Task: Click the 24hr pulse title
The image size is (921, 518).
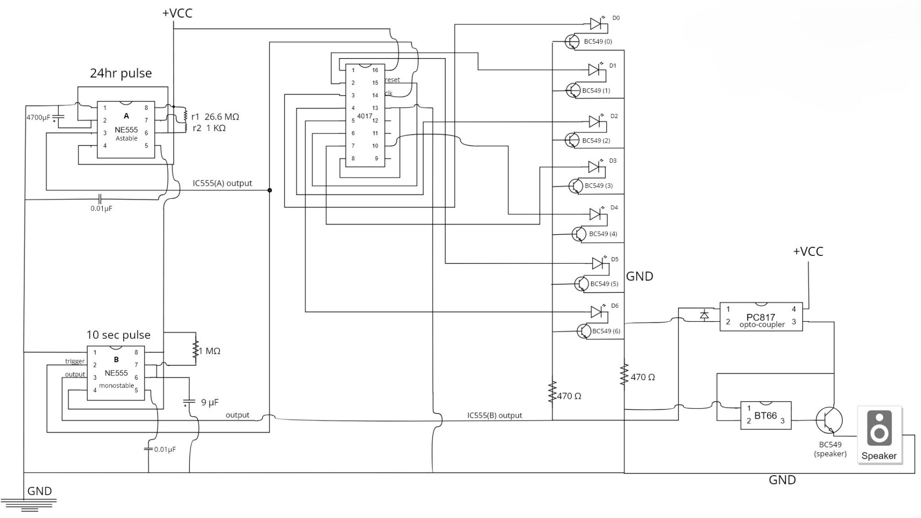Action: pyautogui.click(x=121, y=73)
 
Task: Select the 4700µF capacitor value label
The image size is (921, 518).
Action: pyautogui.click(x=38, y=117)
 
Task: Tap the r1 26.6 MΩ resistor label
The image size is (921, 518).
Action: pyautogui.click(x=215, y=117)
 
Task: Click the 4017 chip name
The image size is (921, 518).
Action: pyautogui.click(x=365, y=116)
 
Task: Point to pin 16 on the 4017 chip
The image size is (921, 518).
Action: pyautogui.click(x=375, y=70)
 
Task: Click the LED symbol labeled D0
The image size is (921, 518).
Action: pyautogui.click(x=596, y=24)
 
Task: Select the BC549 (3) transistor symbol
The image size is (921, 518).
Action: pyautogui.click(x=576, y=186)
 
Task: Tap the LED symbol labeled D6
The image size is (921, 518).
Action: pyautogui.click(x=597, y=312)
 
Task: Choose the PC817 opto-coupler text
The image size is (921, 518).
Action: pyautogui.click(x=761, y=321)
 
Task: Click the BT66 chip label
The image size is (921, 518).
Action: pyautogui.click(x=765, y=416)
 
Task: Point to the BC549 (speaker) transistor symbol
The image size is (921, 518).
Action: pyautogui.click(x=829, y=419)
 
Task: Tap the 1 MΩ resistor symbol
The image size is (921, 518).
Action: pyautogui.click(x=195, y=349)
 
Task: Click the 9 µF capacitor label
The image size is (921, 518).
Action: pyautogui.click(x=210, y=403)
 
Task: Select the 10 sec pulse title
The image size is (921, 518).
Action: pyautogui.click(x=118, y=335)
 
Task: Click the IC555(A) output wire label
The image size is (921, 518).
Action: pyautogui.click(x=222, y=183)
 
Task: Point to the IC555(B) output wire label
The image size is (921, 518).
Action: pyautogui.click(x=495, y=415)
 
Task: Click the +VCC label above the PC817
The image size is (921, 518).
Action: pyautogui.click(x=808, y=252)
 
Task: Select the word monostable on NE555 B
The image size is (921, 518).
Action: pyautogui.click(x=117, y=385)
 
